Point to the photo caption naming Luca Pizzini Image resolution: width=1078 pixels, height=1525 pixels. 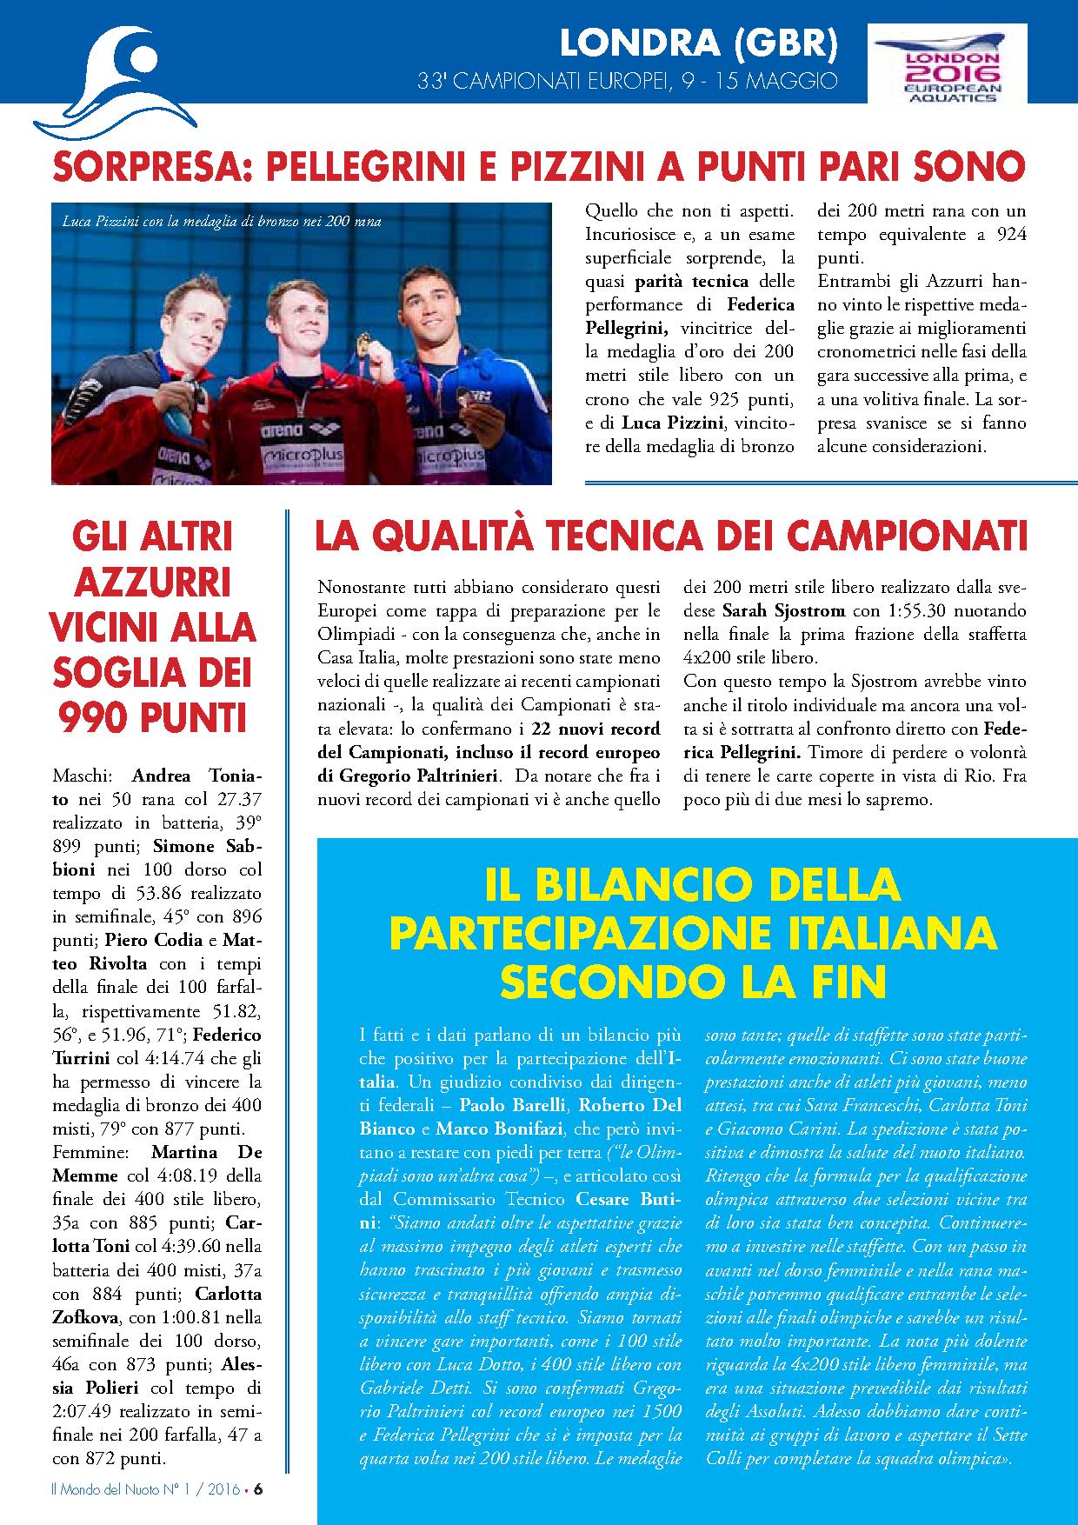[x=222, y=222]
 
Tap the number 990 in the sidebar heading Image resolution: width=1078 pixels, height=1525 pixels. [x=95, y=718]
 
